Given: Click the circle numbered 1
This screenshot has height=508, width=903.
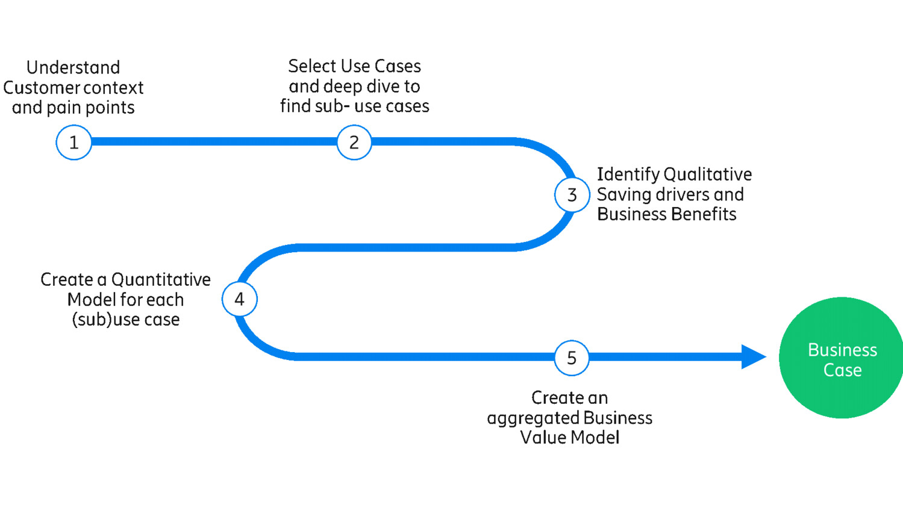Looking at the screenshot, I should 73,143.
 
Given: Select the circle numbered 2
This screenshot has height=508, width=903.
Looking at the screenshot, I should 354,143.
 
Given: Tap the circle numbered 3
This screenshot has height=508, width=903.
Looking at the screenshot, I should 572,195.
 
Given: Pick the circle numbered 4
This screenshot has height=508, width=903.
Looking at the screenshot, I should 240,299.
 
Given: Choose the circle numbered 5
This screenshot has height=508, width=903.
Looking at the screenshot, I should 572,358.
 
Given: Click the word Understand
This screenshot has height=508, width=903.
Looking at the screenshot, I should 73,67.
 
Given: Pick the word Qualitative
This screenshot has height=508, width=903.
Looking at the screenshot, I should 708,175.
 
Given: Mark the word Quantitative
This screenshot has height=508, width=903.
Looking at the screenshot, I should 161,280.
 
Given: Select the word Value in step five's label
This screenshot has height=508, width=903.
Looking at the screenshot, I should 539,438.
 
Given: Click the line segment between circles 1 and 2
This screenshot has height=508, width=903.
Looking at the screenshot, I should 214,142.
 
